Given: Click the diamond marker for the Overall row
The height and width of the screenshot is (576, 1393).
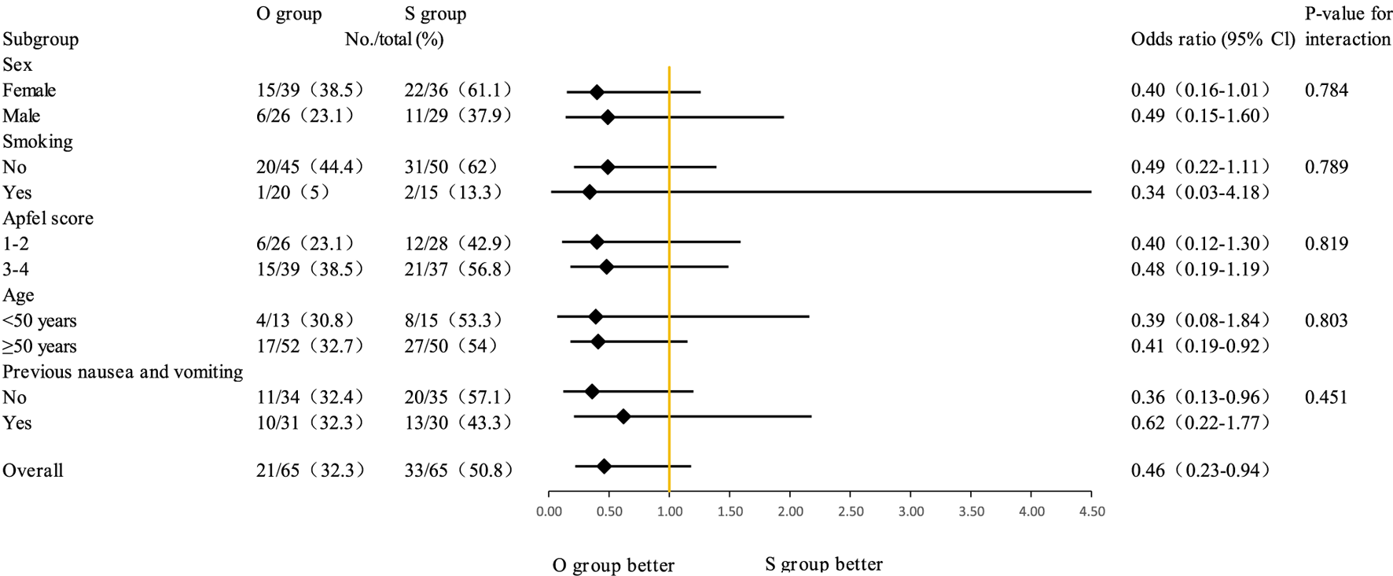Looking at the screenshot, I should [x=604, y=467].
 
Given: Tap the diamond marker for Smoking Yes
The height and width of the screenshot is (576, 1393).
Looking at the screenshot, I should [x=589, y=191].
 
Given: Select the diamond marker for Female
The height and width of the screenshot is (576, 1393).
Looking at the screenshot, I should [x=597, y=92].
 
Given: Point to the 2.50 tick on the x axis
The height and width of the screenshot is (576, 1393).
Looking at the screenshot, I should [x=851, y=511].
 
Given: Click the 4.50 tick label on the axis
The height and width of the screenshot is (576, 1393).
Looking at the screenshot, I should [x=1092, y=511].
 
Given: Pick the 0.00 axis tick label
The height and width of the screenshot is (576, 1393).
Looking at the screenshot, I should [x=549, y=511].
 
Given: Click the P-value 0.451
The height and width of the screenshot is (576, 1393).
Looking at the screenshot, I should [x=1326, y=397].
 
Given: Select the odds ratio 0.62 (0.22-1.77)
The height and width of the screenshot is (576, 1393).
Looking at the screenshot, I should [x=1200, y=423].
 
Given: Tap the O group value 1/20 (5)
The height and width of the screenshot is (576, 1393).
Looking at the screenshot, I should [x=293, y=193].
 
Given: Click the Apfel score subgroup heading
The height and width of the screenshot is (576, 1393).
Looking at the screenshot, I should [x=48, y=218].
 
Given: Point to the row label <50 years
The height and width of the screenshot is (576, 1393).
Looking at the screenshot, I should [x=39, y=321].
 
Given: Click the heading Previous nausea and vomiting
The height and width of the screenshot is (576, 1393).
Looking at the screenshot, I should [x=123, y=371].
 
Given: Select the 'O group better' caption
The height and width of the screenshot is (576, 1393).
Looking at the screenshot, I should [x=613, y=565].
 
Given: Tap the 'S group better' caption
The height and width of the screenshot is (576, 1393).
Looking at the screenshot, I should [x=824, y=564].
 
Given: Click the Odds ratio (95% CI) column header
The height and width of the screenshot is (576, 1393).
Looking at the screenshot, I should [x=1212, y=39].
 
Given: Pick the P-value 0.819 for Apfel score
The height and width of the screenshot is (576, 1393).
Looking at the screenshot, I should [x=1326, y=244].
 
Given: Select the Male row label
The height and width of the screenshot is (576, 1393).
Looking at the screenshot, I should [x=21, y=116].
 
